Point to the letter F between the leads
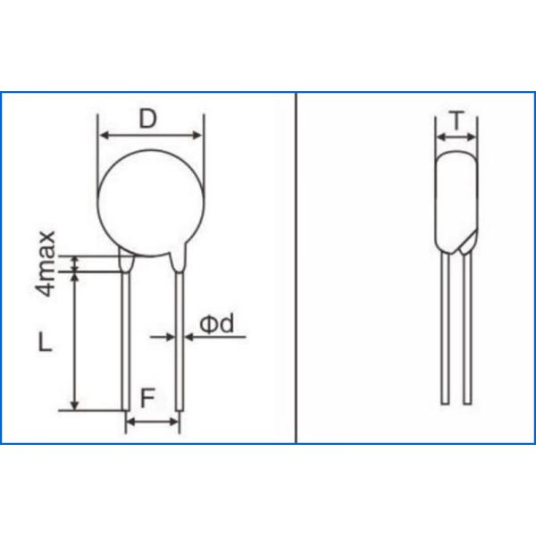(151, 397)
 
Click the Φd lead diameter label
(214, 324)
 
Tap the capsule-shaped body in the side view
(456, 202)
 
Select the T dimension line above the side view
(456, 138)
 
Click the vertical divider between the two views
(297, 268)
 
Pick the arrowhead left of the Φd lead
(169, 336)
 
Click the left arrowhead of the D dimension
(102, 136)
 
